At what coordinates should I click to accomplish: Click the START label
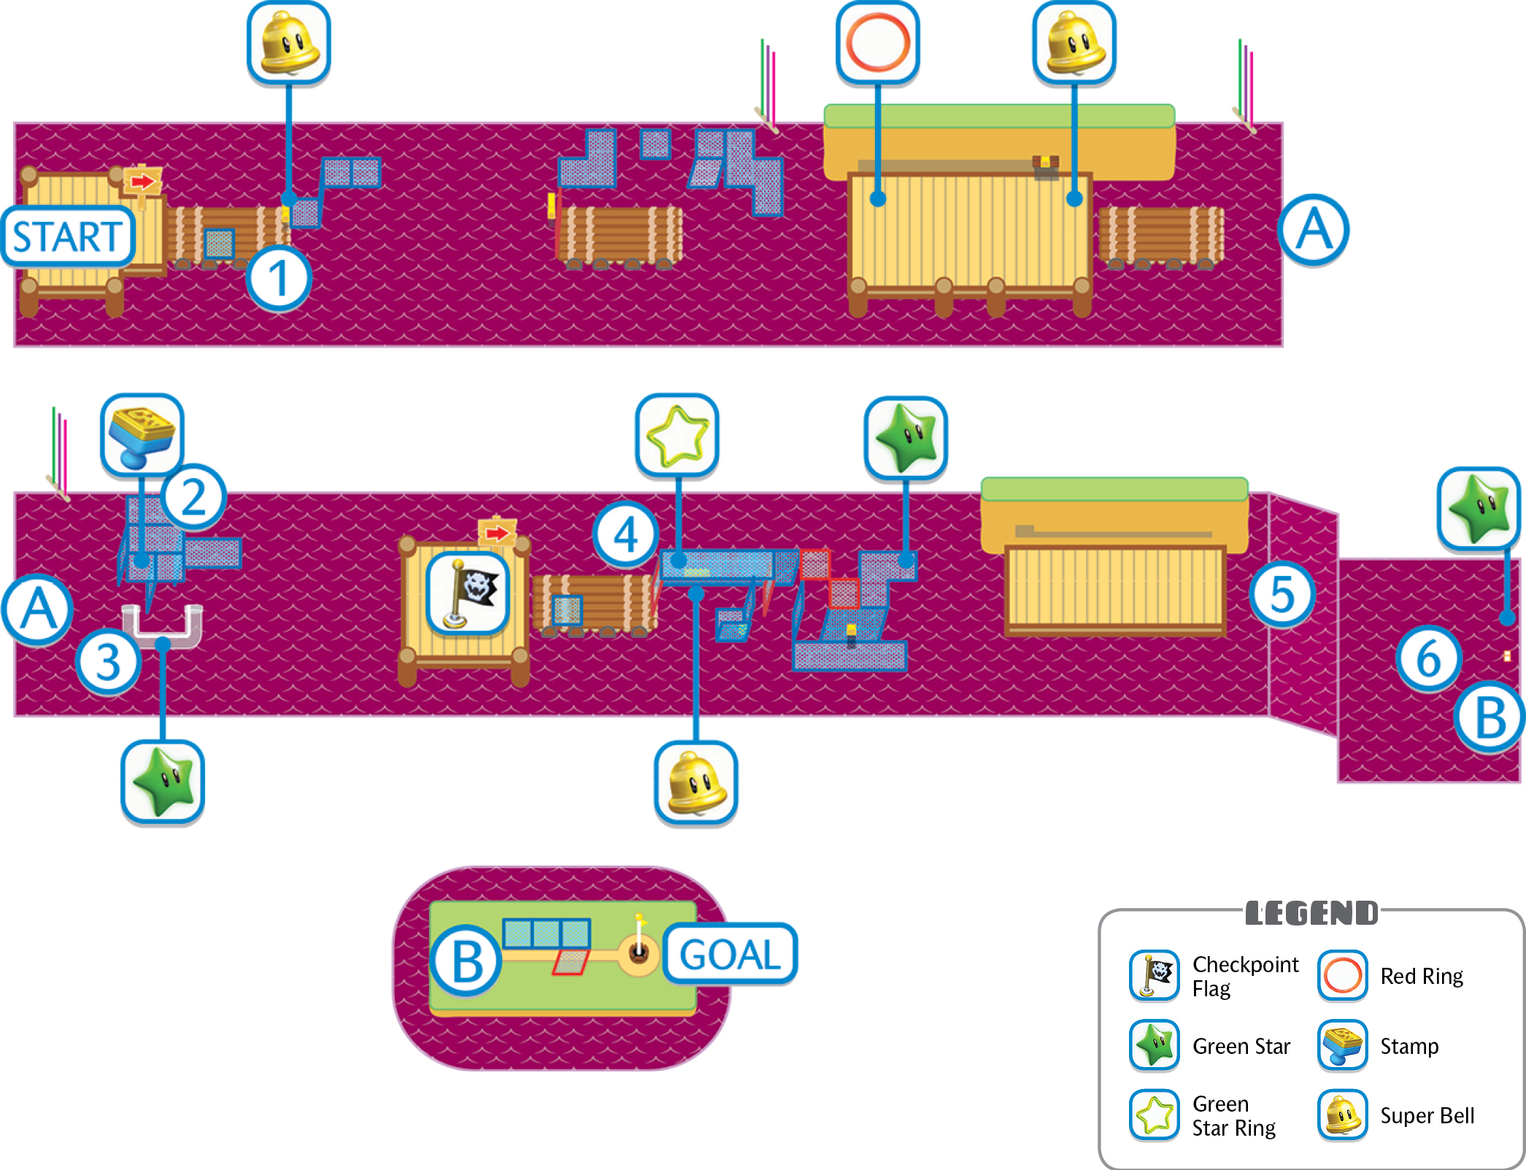coord(68,236)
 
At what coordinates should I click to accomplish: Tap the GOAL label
coord(730,954)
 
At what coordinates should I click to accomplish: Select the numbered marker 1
coord(278,278)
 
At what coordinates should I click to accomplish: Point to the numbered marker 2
coord(193,497)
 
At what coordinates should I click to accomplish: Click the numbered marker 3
coord(108,661)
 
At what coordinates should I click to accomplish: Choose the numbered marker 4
coord(625,534)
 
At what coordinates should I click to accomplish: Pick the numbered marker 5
coord(1282,594)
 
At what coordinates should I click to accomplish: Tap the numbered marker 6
coord(1428,658)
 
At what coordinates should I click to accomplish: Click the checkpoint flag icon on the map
coord(468,592)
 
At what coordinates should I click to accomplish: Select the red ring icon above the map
coord(877,43)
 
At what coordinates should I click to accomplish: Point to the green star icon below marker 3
coord(162,782)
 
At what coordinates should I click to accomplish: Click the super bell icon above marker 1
coord(289,43)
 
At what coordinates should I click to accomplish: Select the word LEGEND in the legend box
coord(1311,913)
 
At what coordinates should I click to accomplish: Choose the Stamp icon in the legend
coord(1342,1045)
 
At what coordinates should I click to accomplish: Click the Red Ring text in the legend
coord(1422,976)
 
